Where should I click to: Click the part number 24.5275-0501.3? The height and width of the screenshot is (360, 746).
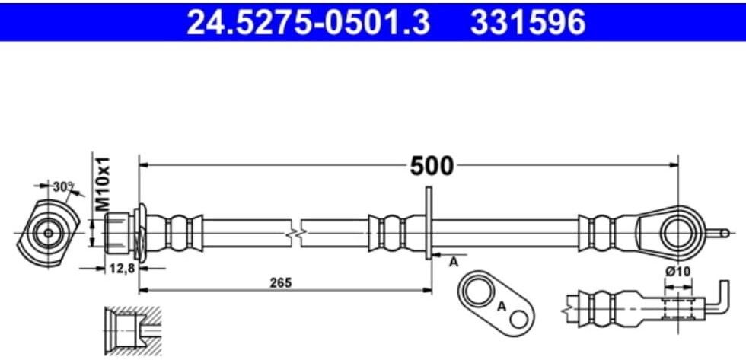click(308, 23)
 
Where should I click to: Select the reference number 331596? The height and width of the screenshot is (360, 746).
click(528, 23)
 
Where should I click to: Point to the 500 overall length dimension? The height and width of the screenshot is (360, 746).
click(431, 165)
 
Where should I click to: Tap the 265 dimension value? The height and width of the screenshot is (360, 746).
click(281, 282)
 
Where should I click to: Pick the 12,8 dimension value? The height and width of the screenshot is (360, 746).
click(117, 269)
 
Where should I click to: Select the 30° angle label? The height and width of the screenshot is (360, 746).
click(63, 186)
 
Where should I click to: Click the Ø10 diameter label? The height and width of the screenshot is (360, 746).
click(678, 272)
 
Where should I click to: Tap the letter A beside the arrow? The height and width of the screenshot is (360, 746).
click(454, 262)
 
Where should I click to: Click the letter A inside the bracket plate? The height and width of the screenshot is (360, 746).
click(501, 307)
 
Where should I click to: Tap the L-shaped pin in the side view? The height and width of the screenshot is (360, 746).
click(719, 301)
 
